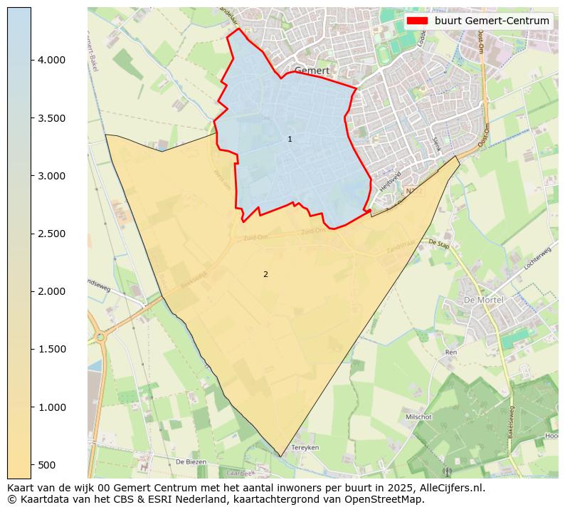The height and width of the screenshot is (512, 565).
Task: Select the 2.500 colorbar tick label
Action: click(x=51, y=234)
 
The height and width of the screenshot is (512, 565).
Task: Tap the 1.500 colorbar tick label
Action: click(x=51, y=349)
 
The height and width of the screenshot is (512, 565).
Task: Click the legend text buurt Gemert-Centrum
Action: click(x=492, y=21)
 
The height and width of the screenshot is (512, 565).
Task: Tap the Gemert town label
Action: click(x=312, y=71)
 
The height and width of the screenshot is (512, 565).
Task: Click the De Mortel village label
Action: click(x=483, y=300)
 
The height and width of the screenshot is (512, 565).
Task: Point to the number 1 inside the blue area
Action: click(x=290, y=139)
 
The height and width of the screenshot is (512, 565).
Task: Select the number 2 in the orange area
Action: click(x=265, y=274)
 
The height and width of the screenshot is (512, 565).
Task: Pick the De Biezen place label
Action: click(x=191, y=461)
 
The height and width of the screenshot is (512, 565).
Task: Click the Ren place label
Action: click(x=450, y=352)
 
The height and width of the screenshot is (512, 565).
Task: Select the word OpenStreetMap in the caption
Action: click(x=385, y=499)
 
